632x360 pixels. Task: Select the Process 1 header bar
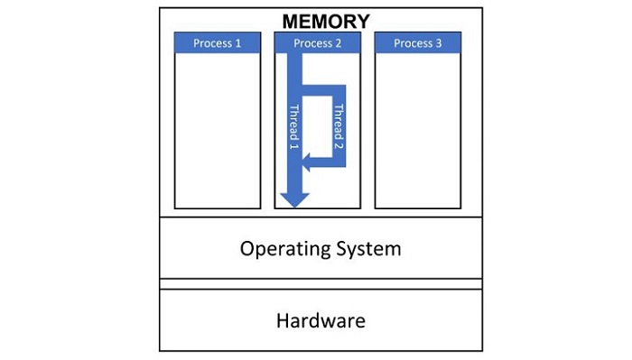pyautogui.click(x=218, y=42)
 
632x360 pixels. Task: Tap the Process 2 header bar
pyautogui.click(x=318, y=42)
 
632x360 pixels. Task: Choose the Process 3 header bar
pyautogui.click(x=418, y=42)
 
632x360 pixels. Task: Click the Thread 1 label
pyautogui.click(x=293, y=126)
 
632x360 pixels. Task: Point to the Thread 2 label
pyautogui.click(x=339, y=126)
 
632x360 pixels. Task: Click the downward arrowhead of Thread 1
pyautogui.click(x=293, y=199)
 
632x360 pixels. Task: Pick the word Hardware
pyautogui.click(x=321, y=319)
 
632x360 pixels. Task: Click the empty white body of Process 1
pyautogui.click(x=218, y=131)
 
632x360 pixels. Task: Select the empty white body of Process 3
pyautogui.click(x=418, y=131)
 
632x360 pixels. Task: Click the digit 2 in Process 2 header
pyautogui.click(x=339, y=42)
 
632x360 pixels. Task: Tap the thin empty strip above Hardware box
pyautogui.click(x=321, y=283)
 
